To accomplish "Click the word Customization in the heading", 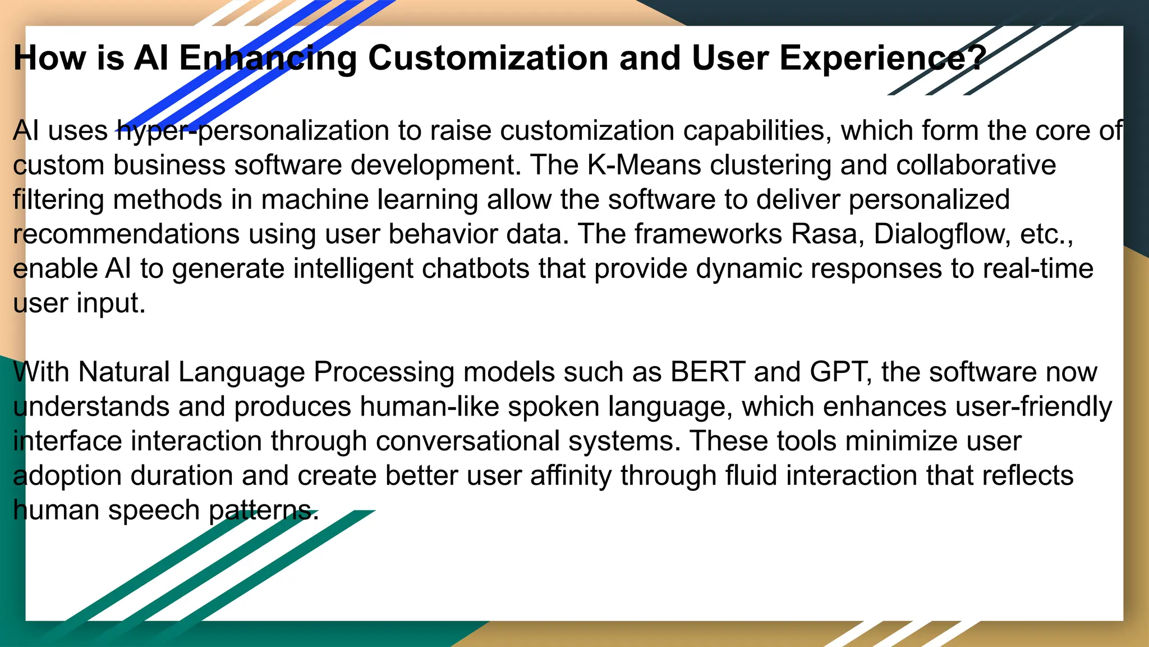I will [488, 58].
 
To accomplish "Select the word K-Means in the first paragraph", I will [644, 166].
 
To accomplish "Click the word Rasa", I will [824, 234].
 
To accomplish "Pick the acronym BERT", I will [707, 372].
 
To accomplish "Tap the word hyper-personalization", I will [253, 131].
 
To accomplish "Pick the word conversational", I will [468, 441].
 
